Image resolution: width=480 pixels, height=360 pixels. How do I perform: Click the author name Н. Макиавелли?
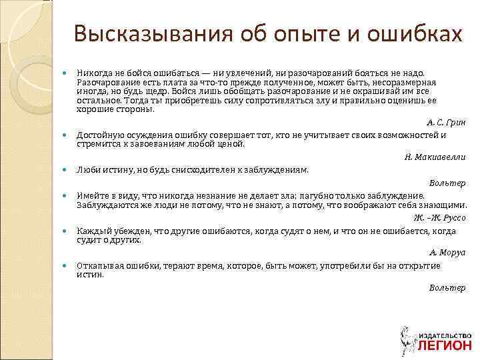tap(435, 157)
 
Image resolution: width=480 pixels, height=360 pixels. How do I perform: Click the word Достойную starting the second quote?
tap(99, 135)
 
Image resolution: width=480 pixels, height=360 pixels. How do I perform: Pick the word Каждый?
tap(92, 231)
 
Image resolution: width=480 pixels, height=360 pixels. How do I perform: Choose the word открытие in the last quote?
tap(419, 265)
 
